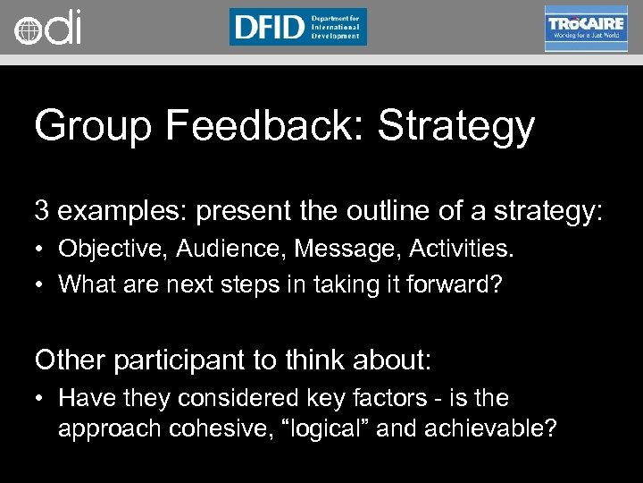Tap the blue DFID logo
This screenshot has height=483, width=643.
(x=297, y=27)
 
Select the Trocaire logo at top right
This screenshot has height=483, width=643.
(x=586, y=28)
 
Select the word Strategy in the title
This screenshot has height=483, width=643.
(x=455, y=126)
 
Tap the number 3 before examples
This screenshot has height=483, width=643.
(x=42, y=211)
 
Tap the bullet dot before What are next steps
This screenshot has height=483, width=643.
(x=41, y=284)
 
